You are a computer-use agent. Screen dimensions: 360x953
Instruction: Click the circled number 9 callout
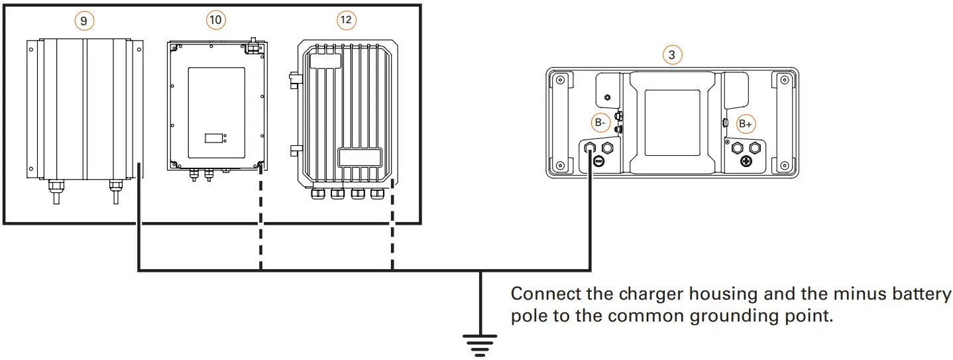(84, 21)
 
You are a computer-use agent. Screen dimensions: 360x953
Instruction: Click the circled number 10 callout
(215, 21)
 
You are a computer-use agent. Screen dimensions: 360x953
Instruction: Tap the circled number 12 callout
(345, 21)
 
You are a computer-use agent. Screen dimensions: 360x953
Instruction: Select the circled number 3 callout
(672, 55)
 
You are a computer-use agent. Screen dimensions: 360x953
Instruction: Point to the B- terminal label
(599, 123)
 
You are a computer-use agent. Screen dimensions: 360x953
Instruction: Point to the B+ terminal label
(746, 123)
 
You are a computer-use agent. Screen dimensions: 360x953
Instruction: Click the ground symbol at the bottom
(479, 343)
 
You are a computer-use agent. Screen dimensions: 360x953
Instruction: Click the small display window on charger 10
(213, 139)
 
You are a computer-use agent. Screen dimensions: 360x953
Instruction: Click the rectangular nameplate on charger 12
(360, 157)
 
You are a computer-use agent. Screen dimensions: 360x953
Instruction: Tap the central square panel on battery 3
(672, 123)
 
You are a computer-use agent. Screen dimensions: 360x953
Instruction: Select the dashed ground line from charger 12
(392, 225)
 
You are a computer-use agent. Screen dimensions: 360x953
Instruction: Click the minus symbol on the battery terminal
(598, 160)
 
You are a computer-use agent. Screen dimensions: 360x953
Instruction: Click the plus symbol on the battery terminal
(746, 160)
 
